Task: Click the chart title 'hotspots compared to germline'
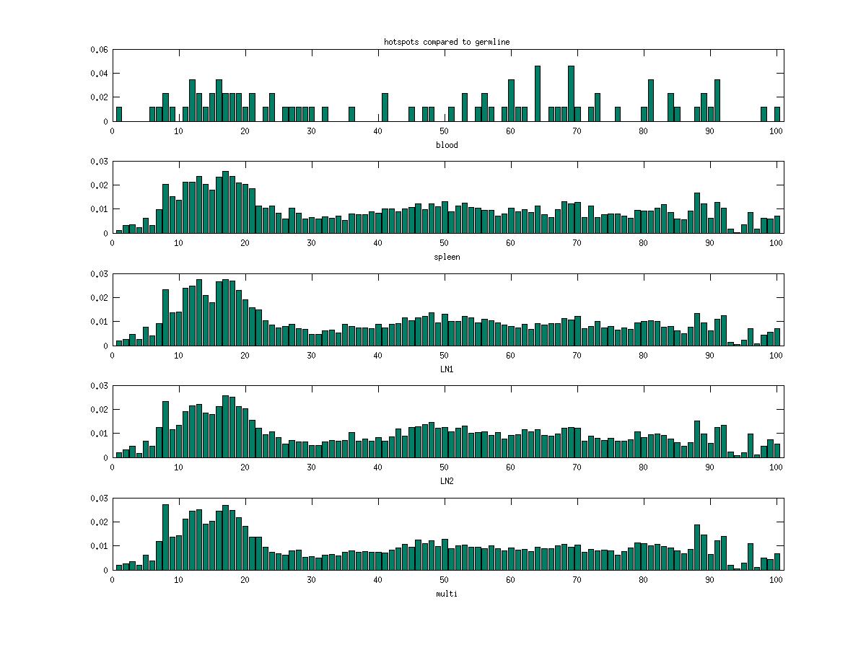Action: pos(447,42)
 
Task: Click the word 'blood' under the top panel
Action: pos(447,145)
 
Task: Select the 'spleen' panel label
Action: pos(447,257)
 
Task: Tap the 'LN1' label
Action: pos(447,369)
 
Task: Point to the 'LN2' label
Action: pos(447,480)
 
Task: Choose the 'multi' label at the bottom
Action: pos(447,594)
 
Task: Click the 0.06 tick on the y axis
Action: pos(99,50)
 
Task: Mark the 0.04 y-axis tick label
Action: pos(99,74)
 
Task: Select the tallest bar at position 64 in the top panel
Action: pos(538,94)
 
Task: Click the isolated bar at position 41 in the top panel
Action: pos(385,107)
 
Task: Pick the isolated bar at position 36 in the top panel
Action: pos(352,114)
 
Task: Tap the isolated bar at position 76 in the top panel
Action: pos(618,114)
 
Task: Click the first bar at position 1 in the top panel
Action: pos(119,114)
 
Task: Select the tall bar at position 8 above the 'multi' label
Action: pos(165,537)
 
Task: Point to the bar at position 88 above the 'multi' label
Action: pos(697,548)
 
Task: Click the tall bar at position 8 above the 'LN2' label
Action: pos(165,429)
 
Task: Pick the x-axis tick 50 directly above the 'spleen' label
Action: pos(445,243)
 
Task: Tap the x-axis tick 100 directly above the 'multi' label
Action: pos(777,579)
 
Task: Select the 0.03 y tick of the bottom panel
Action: pos(99,499)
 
